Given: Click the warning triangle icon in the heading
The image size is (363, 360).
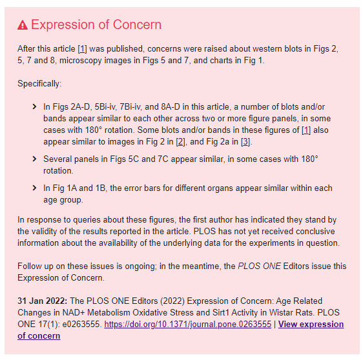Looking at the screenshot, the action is click(23, 25).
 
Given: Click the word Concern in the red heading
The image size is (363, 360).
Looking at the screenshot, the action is click(137, 25).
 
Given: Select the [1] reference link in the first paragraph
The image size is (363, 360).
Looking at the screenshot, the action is click(82, 49).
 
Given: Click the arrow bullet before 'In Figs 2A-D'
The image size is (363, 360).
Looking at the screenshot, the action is click(34, 106).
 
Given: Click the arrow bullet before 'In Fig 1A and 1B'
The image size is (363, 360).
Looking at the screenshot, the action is click(34, 188).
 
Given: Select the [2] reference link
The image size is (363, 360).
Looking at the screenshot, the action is click(181, 142).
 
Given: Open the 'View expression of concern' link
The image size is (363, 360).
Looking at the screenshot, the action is click(311, 324).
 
